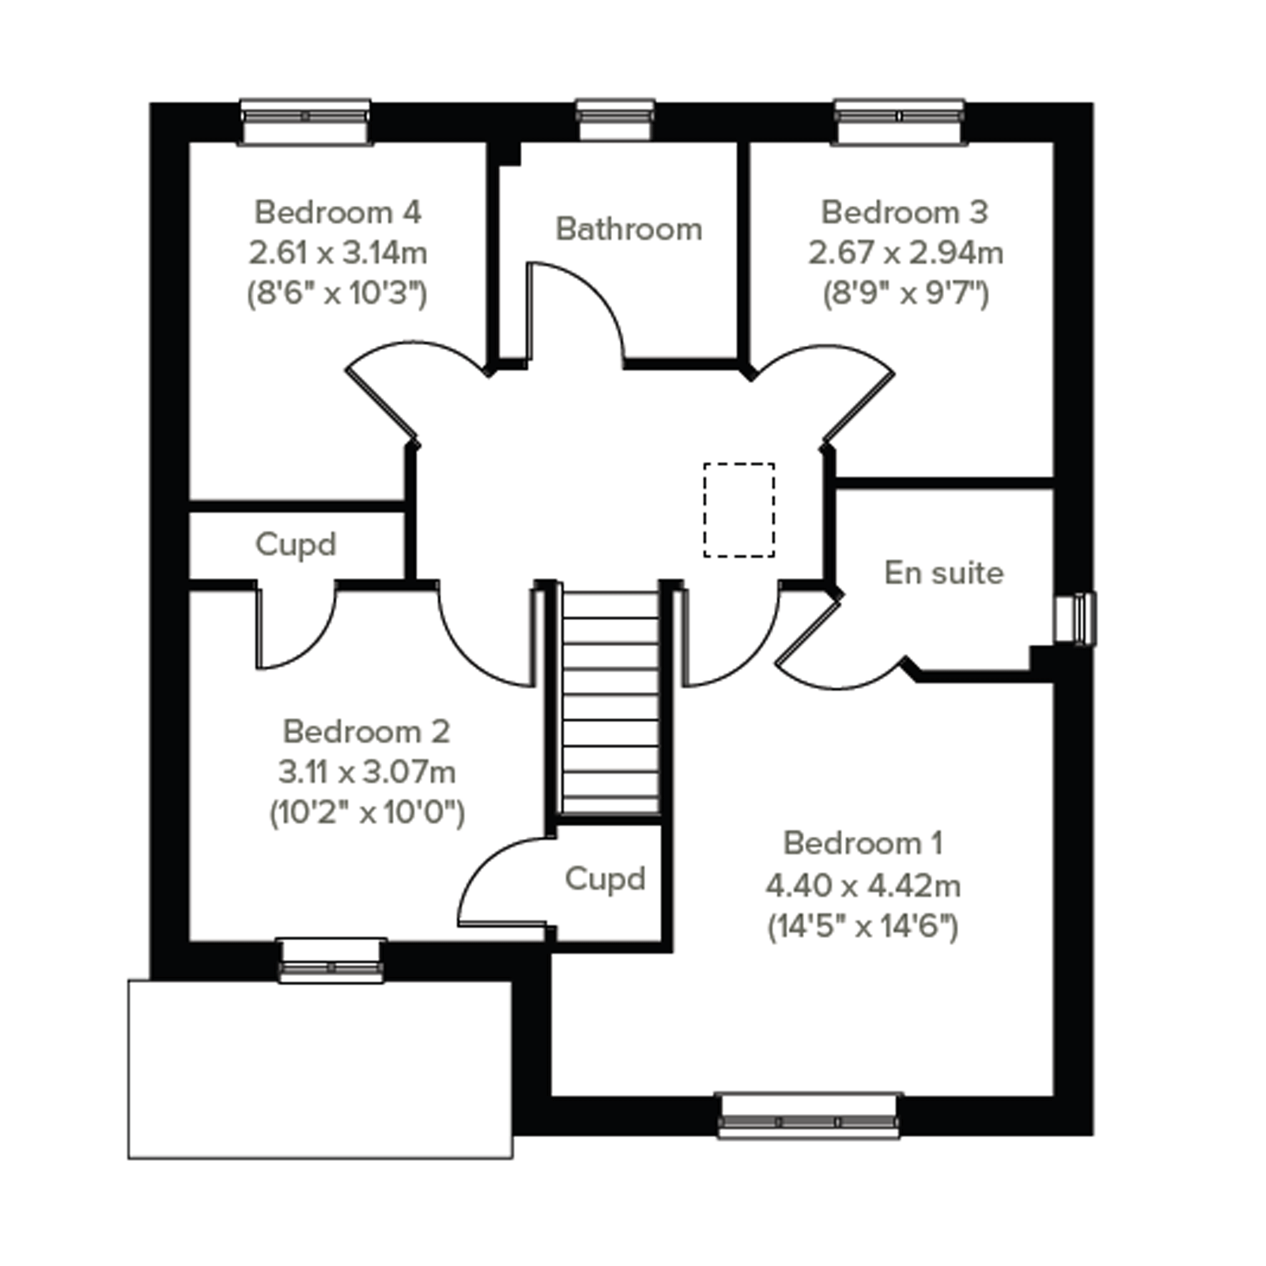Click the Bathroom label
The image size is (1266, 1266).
point(628,229)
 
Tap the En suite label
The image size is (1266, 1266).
point(943,573)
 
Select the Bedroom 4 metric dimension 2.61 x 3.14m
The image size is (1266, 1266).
point(338,253)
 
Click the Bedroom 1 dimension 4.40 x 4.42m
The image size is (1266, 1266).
point(863,887)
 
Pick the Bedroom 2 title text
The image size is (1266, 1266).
point(366,731)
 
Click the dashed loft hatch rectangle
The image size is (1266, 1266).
point(739,510)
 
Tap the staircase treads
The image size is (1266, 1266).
point(610,703)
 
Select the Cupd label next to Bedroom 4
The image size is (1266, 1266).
point(296,545)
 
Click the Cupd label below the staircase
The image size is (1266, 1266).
point(605,880)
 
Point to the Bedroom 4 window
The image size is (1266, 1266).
point(304,122)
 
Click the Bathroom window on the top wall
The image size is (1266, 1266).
point(615,121)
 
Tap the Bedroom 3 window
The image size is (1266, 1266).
point(899,122)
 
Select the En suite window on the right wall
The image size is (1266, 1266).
point(1075,618)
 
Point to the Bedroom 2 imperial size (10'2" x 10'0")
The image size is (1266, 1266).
point(367,813)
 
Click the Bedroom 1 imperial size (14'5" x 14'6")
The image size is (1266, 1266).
point(863,927)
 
